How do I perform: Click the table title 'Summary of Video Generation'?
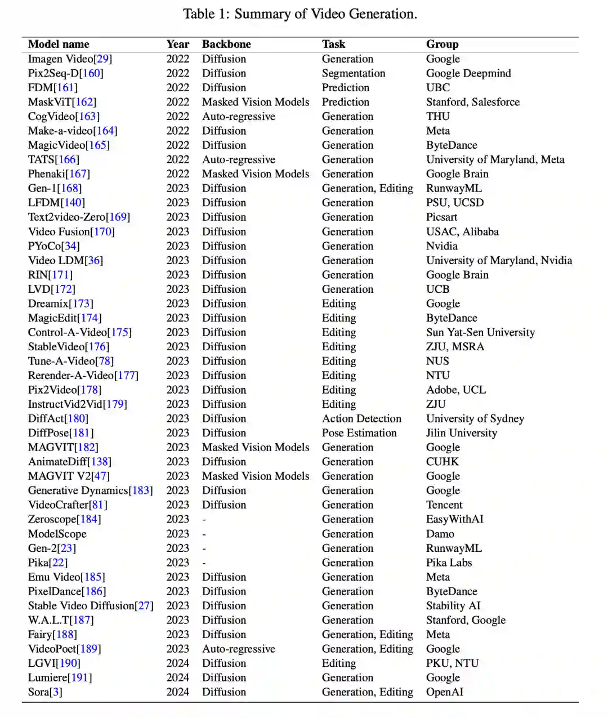[325, 14]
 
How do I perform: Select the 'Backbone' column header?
[226, 44]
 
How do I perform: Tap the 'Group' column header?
[442, 44]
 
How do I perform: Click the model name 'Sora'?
[39, 692]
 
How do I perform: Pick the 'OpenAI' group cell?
[444, 692]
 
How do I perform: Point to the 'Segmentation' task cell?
[354, 73]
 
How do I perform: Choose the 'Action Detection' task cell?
[361, 418]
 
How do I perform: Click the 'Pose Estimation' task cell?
[359, 432]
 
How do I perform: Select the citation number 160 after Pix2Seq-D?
[91, 73]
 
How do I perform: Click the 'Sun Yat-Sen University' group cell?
[480, 332]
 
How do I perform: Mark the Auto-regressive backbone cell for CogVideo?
[239, 116]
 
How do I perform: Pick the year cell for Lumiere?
[177, 677]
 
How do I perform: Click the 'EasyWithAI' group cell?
[454, 519]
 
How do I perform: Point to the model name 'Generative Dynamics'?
[78, 490]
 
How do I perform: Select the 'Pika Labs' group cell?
[449, 562]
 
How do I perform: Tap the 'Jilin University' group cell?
[461, 432]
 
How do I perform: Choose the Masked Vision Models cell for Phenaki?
[256, 173]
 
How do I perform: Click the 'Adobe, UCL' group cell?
[455, 390]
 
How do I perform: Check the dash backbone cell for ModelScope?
[204, 534]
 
